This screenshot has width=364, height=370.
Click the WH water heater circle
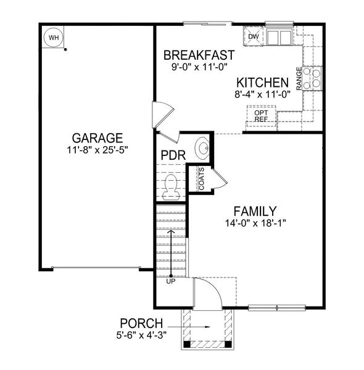pos(54,38)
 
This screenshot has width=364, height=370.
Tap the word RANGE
pos(299,79)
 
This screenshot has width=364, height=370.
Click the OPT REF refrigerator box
pos(261,115)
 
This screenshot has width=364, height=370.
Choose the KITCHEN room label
pos(262,83)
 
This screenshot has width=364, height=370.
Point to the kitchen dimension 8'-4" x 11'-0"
pos(262,94)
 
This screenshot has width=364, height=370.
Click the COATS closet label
pos(202,179)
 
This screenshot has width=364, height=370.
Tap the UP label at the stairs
pos(171,281)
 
